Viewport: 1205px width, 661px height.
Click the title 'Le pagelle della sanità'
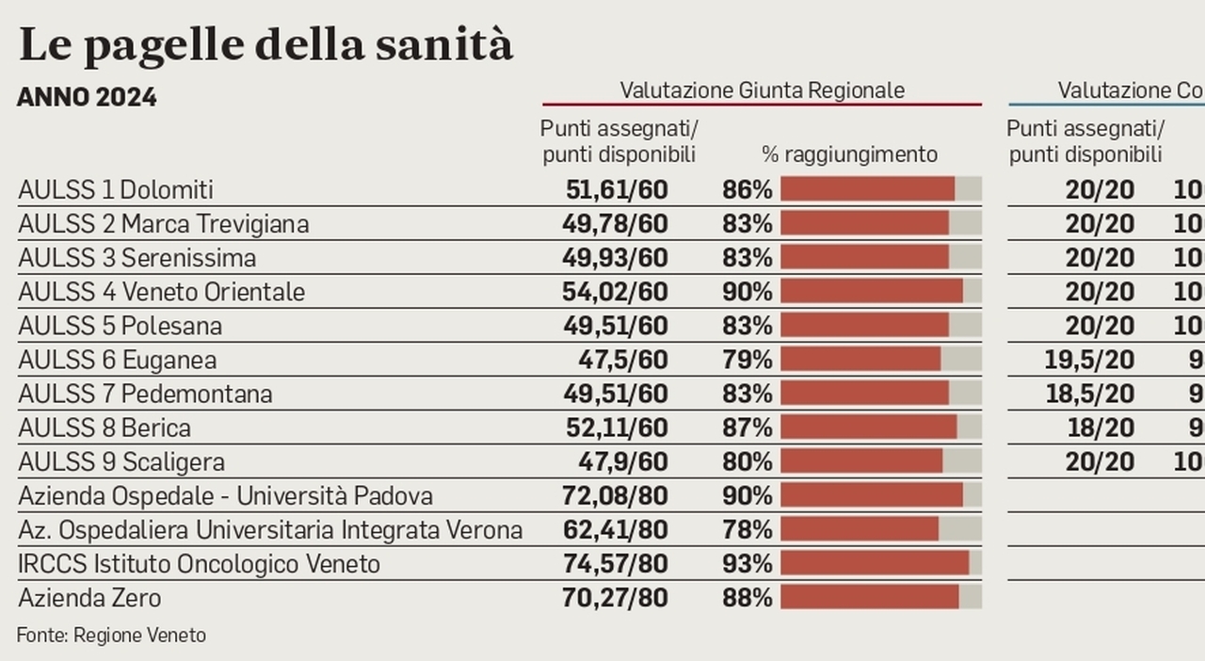tap(265, 45)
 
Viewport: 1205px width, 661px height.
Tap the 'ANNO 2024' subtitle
tap(87, 97)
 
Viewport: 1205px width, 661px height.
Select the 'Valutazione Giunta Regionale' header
tap(762, 89)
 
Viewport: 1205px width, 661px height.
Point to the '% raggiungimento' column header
tap(849, 154)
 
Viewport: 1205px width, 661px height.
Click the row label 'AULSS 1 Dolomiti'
tap(116, 190)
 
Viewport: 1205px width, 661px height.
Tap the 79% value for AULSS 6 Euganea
tap(747, 360)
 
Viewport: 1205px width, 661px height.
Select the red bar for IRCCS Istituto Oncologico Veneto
tap(875, 563)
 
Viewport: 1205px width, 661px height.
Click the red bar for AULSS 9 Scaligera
tap(861, 461)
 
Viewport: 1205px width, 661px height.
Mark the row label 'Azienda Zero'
tap(89, 598)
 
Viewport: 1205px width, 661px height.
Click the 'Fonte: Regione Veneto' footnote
tap(111, 636)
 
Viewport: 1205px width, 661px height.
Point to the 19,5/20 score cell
tap(1089, 360)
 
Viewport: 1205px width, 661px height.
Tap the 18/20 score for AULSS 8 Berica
tap(1101, 427)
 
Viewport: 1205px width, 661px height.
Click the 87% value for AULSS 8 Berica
tap(747, 427)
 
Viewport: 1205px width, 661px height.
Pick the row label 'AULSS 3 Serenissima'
tap(137, 258)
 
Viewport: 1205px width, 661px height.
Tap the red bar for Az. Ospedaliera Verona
tap(860, 529)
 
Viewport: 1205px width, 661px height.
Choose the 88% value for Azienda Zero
tap(747, 598)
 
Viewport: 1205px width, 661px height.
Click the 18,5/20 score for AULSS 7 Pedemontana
tap(1089, 394)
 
